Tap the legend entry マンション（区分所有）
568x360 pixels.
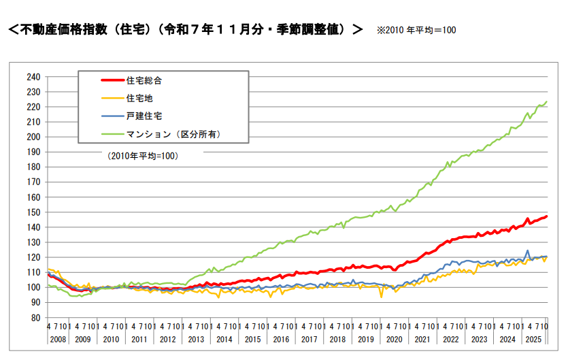[173, 134]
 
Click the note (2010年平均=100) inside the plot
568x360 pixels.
[141, 156]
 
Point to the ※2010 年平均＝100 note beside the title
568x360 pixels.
[416, 31]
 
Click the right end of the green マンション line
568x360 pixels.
[547, 102]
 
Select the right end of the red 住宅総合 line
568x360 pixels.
[547, 216]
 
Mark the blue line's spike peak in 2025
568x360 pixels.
[527, 250]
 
